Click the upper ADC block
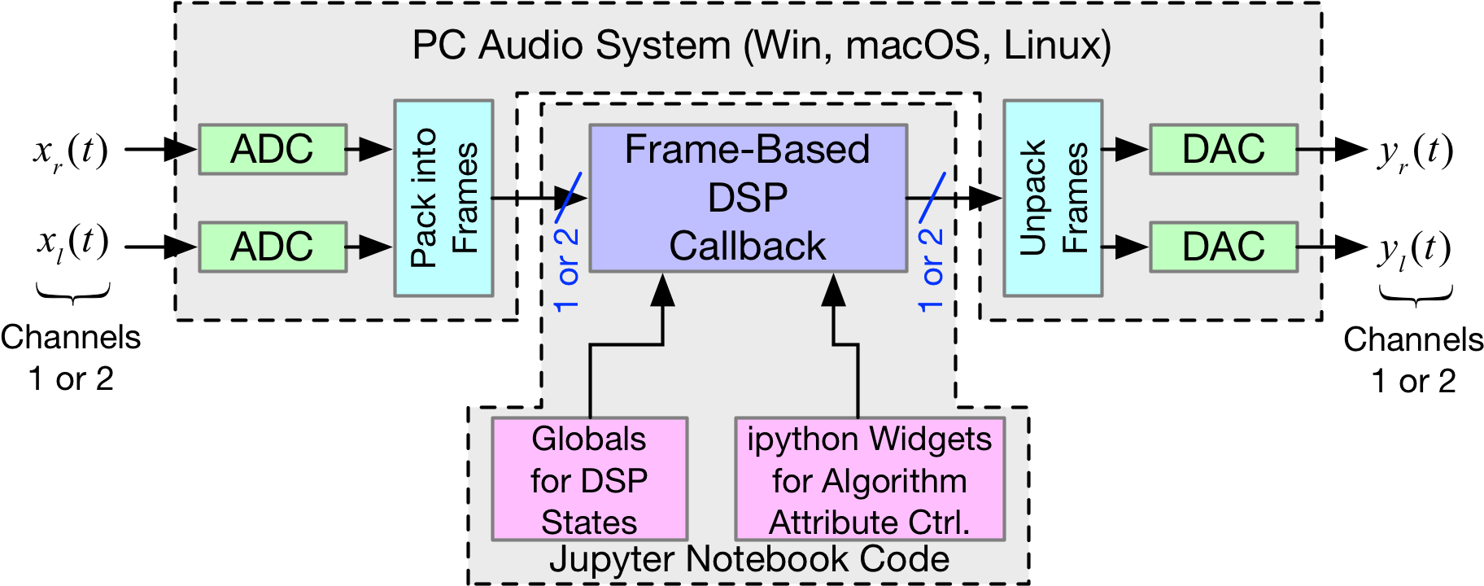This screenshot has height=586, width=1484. click(x=273, y=149)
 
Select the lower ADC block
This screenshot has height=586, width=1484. click(x=273, y=247)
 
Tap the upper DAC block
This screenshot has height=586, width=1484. click(x=1223, y=149)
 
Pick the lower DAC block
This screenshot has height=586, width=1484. click(x=1223, y=247)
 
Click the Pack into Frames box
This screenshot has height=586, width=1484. click(x=443, y=198)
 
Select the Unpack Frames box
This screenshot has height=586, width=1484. click(x=1053, y=198)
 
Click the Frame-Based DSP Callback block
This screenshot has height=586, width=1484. click(x=748, y=198)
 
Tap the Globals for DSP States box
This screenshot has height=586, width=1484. click(x=589, y=479)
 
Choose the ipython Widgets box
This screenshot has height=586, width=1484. click(x=869, y=479)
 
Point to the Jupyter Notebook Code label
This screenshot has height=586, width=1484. click(x=749, y=560)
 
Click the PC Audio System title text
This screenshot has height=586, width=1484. click(x=761, y=45)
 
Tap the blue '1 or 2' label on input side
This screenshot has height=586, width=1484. click(x=566, y=269)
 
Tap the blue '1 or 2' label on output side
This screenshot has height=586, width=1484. click(x=931, y=269)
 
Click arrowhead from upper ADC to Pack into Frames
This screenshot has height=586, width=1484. click(x=375, y=149)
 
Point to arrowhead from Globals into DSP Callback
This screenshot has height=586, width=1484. click(x=663, y=291)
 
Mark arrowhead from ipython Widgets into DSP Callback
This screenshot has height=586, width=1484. click(x=834, y=291)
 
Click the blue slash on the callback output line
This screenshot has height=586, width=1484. click(x=932, y=197)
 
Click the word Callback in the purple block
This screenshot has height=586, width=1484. click(x=748, y=246)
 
